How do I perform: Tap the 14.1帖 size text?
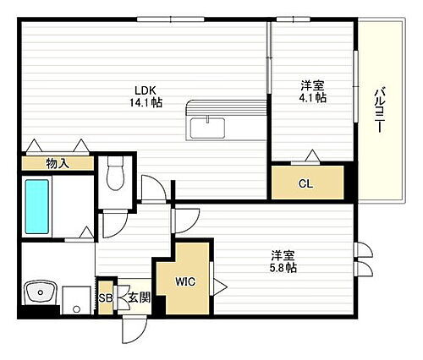pos(146,103)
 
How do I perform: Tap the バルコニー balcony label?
pos(378,111)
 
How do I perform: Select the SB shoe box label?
pos(104,297)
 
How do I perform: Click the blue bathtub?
pos(39,205)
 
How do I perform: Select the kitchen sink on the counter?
pos(207,128)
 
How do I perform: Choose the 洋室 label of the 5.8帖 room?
pos(283,254)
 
